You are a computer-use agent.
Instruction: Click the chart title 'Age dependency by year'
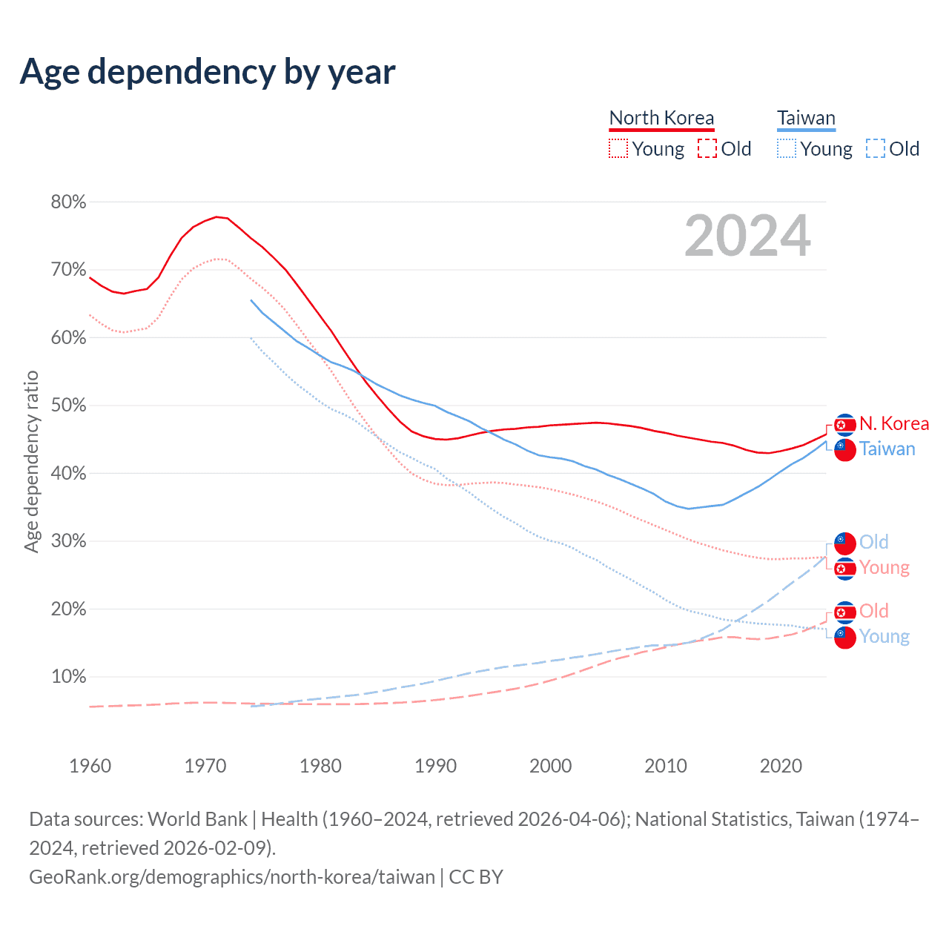pos(208,72)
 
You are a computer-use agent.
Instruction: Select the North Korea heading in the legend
pos(661,118)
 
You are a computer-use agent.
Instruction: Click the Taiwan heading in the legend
pos(806,118)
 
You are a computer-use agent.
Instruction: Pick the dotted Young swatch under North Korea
pos(618,148)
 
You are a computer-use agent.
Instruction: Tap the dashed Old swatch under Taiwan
pos(875,148)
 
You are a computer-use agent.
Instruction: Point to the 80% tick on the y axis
pos(68,202)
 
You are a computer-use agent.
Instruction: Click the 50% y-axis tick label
pos(68,406)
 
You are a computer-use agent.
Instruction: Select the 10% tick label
pos(68,677)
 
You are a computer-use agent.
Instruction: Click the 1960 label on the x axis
pos(90,766)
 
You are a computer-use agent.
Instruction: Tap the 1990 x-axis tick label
pos(435,766)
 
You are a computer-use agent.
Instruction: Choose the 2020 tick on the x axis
pos(781,766)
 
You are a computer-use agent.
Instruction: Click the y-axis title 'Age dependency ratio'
pos(31,462)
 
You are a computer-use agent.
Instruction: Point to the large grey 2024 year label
pos(747,236)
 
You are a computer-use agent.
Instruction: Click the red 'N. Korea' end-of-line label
pos(894,423)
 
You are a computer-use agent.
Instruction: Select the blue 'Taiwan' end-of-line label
pos(887,449)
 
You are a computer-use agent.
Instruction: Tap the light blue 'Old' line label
pos(874,542)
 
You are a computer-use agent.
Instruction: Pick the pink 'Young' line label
pos(884,567)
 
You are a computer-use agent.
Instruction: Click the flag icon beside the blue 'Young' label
pos(845,636)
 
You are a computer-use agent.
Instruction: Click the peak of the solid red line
pos(216,216)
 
